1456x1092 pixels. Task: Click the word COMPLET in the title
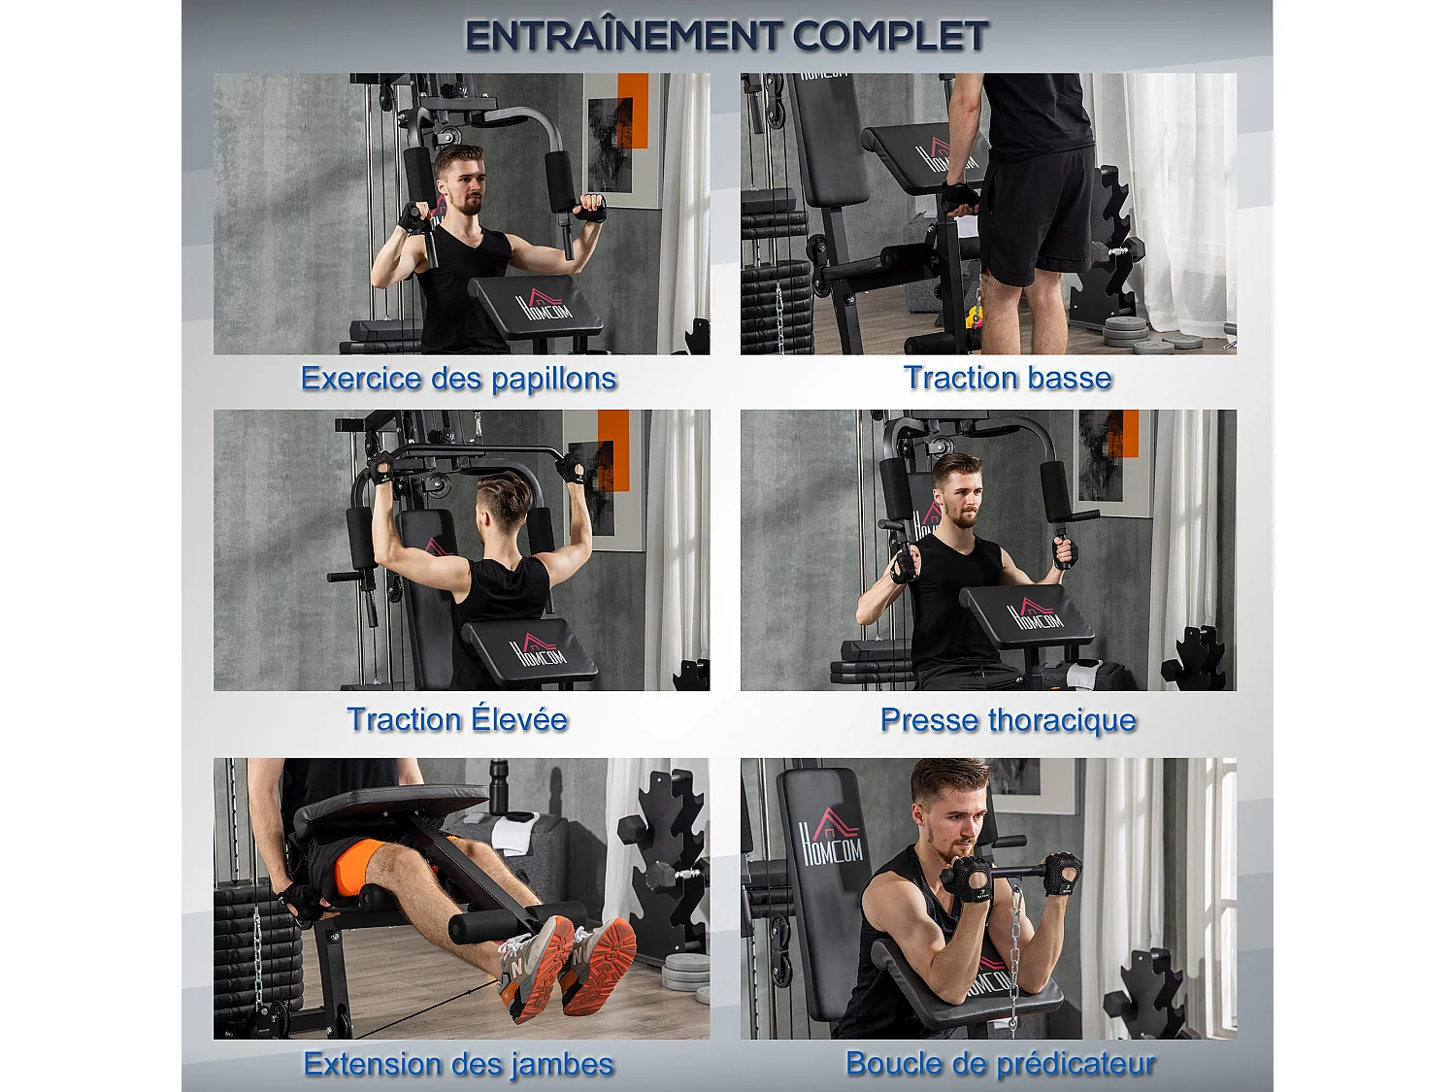coord(890,37)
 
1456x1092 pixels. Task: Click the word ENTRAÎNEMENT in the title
coord(624,37)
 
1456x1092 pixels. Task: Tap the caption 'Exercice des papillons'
coord(458,378)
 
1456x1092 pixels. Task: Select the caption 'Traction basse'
coord(1007,378)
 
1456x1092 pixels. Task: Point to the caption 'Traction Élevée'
coord(457,719)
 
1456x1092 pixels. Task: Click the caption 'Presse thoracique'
coord(1008,720)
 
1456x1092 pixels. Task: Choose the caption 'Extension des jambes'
coord(458,1064)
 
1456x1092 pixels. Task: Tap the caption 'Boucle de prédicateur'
coord(1000,1064)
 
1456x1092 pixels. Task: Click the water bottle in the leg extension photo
coord(499,786)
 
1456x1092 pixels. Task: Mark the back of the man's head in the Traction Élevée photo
coord(503,505)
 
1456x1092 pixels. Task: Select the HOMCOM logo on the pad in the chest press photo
coord(1035,614)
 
